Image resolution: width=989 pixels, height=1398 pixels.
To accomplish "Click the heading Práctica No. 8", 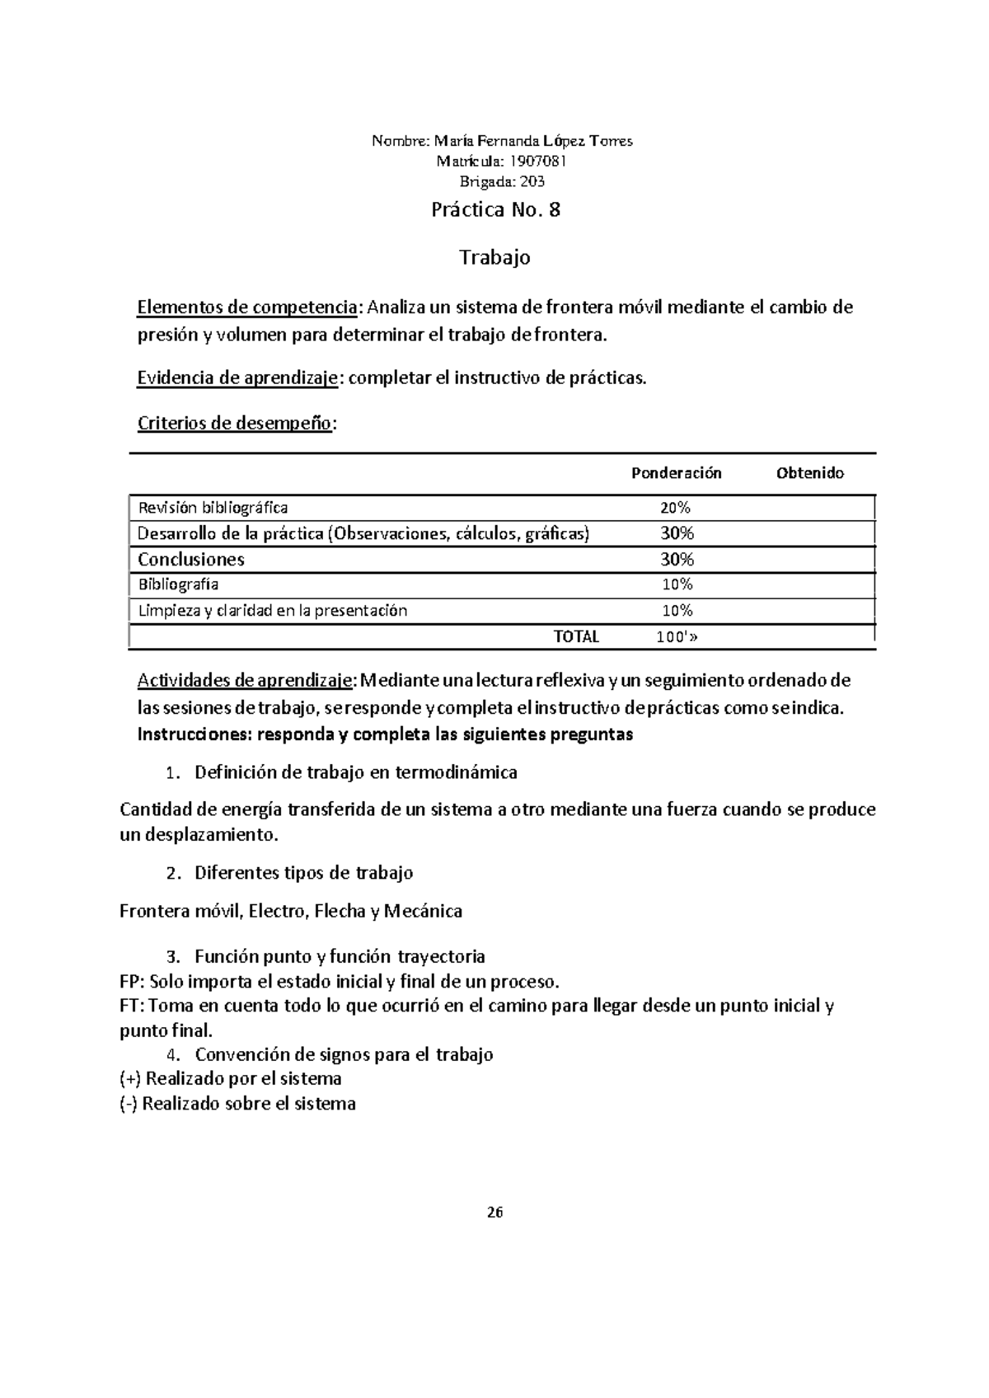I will pyautogui.click(x=495, y=210).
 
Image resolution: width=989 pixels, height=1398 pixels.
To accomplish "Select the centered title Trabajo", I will pyautogui.click(x=494, y=258).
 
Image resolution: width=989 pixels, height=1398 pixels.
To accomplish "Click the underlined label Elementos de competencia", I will pyautogui.click(x=246, y=308).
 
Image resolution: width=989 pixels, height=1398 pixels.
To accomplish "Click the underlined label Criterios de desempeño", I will pyautogui.click(x=235, y=424).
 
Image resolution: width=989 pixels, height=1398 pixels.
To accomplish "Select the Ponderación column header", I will pyautogui.click(x=676, y=473).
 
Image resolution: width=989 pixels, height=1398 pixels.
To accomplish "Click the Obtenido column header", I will pyautogui.click(x=809, y=473).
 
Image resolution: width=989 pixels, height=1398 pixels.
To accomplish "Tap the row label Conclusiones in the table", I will pyautogui.click(x=191, y=560).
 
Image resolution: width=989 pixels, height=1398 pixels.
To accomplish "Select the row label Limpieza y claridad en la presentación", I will pyautogui.click(x=272, y=611).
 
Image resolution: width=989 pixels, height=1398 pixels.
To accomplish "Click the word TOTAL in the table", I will pyautogui.click(x=576, y=636).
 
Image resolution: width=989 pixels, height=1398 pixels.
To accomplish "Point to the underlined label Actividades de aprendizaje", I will pyautogui.click(x=245, y=681).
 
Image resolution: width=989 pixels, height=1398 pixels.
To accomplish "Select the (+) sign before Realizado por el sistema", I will pyautogui.click(x=130, y=1079).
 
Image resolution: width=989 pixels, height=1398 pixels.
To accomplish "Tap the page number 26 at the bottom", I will pyautogui.click(x=494, y=1213).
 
